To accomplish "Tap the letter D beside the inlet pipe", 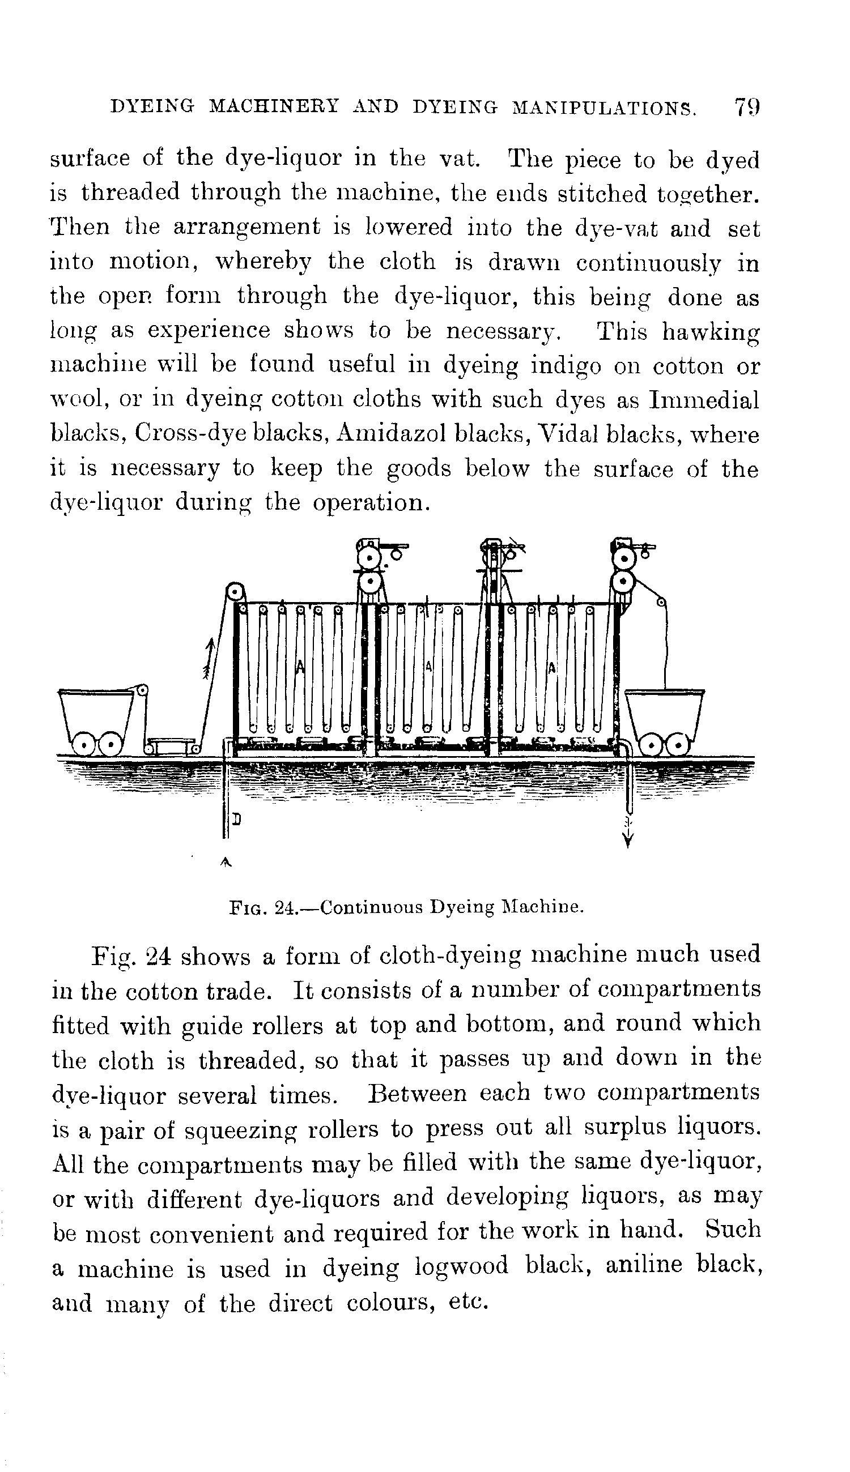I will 236,819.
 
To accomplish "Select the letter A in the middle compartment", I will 429,665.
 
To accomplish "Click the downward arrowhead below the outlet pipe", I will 628,840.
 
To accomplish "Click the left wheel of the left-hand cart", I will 85,745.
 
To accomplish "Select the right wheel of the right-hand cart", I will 678,745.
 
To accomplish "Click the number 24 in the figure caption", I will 286,908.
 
